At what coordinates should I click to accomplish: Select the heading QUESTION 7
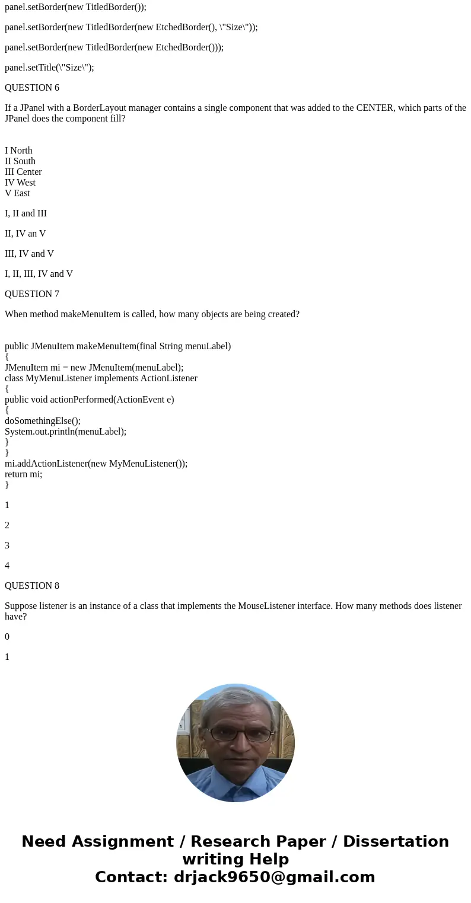point(32,294)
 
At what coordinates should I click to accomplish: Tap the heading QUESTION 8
point(32,586)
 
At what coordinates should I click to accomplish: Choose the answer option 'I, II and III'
point(26,213)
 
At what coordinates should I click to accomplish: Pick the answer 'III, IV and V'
point(29,254)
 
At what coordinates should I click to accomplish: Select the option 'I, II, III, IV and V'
point(39,274)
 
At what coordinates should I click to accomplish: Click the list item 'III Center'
point(23,172)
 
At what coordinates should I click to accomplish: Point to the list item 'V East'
point(17,193)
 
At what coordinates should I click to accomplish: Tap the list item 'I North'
point(18,151)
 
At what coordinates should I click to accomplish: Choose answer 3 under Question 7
point(7,545)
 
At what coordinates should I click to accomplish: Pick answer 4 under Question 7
point(7,566)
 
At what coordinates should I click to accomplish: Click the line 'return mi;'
point(23,474)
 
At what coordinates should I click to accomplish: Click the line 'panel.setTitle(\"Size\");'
point(49,68)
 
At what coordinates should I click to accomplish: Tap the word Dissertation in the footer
point(396,841)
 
